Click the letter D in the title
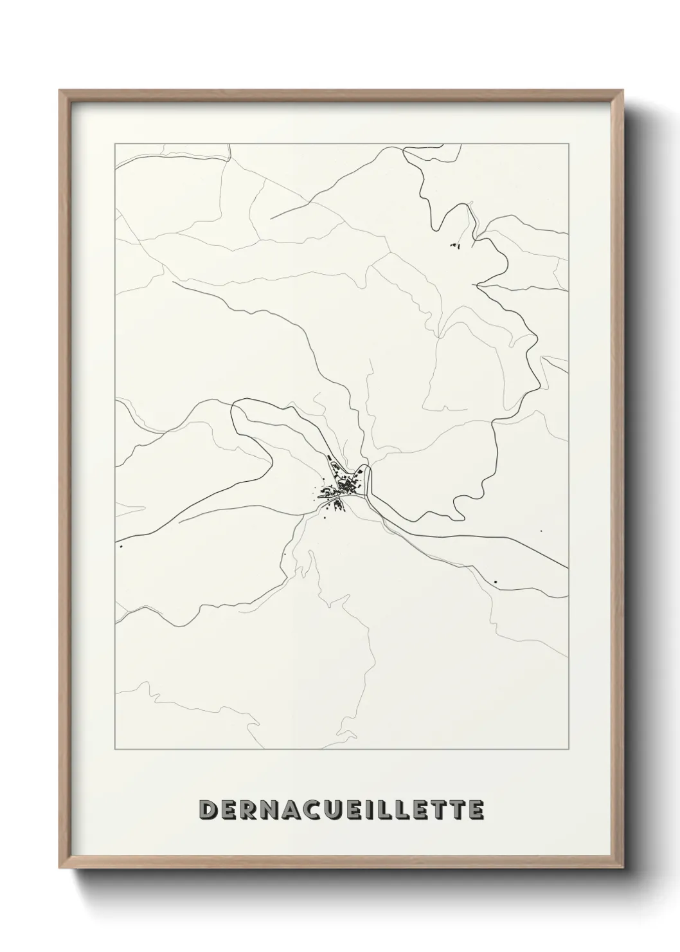(210, 810)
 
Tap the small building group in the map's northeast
(455, 245)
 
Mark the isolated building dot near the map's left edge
(121, 547)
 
